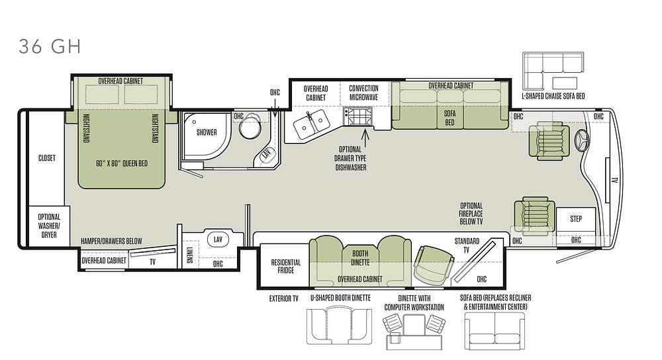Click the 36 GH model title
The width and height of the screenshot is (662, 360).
click(50, 46)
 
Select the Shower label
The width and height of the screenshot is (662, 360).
click(207, 132)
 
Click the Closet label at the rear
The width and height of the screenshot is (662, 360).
click(47, 158)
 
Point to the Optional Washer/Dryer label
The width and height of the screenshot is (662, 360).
click(49, 226)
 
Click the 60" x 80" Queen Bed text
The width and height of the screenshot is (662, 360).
click(122, 163)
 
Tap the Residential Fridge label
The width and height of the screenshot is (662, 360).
click(286, 266)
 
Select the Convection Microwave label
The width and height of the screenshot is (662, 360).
click(363, 93)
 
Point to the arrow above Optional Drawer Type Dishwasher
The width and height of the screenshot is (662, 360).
click(365, 137)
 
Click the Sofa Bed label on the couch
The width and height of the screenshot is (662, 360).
click(449, 118)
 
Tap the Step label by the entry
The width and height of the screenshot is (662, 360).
click(576, 218)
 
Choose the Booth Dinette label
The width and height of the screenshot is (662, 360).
click(360, 258)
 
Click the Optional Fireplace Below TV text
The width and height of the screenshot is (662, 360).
click(471, 214)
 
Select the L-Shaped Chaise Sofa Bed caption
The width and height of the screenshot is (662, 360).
click(553, 96)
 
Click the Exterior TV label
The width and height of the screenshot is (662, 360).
click(284, 298)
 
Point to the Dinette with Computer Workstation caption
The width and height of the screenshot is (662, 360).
click(414, 302)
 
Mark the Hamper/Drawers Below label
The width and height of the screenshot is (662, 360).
click(111, 241)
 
